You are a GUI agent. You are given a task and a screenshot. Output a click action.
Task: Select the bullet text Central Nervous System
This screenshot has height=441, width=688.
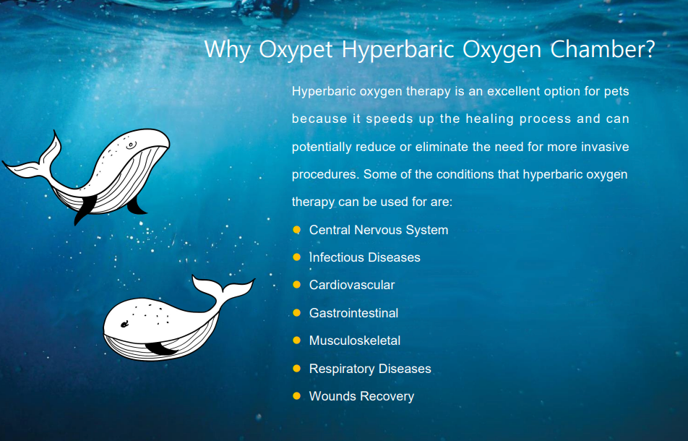[379, 230]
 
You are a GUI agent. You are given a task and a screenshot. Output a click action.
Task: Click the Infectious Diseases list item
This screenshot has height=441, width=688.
[364, 257]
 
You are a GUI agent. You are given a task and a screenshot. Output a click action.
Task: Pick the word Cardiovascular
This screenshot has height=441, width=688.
[352, 285]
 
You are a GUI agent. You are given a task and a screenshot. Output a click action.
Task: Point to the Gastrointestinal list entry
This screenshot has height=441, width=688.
[353, 313]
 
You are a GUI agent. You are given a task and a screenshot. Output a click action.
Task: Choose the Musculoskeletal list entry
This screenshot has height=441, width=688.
[355, 341]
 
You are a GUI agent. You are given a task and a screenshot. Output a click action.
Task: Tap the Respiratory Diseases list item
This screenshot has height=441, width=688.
[370, 369]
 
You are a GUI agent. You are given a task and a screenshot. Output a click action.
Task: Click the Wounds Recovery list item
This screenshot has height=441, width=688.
[361, 396]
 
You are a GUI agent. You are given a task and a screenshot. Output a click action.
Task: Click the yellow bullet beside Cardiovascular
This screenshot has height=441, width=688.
[296, 285]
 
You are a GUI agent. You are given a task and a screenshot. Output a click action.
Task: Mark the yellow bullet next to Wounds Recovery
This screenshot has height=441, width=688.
[296, 396]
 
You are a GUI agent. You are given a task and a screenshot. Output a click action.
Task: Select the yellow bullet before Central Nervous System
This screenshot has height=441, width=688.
[296, 230]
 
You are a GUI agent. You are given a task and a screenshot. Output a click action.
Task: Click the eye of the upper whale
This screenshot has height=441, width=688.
[131, 145]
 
